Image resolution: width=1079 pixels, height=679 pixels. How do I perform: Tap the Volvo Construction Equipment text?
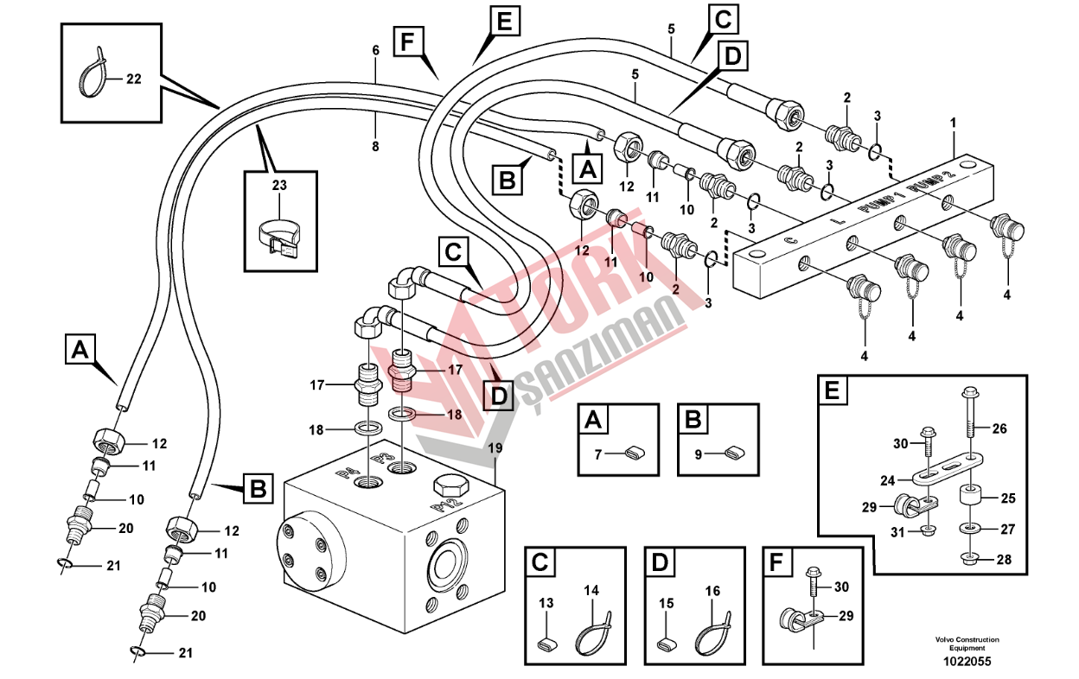tap(967, 644)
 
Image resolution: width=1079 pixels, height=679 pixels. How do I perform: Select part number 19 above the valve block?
tap(495, 447)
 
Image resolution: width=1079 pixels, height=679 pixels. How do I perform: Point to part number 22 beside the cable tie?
tap(132, 79)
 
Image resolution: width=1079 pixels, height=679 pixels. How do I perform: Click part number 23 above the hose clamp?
tap(278, 186)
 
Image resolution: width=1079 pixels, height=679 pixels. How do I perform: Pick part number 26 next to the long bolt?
tap(999, 428)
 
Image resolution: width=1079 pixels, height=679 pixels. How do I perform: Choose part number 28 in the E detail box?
tap(1003, 559)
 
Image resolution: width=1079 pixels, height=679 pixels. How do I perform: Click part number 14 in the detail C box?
tap(591, 591)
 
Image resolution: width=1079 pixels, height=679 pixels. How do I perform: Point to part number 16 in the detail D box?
tap(712, 591)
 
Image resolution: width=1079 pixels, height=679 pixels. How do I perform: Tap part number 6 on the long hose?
tap(375, 51)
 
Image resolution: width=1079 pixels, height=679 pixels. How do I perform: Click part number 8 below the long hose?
tap(375, 147)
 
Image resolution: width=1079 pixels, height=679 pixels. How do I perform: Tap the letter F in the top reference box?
tap(407, 41)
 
